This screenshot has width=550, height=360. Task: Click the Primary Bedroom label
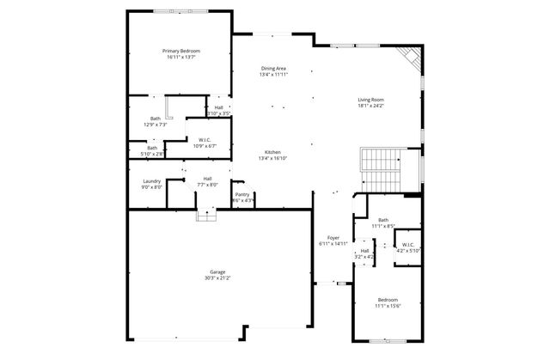coord(181,51)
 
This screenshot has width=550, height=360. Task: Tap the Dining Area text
coord(273,68)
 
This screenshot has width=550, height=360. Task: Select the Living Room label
coord(371,100)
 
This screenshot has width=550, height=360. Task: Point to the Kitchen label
coord(273,151)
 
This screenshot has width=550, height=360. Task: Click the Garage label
coord(217,272)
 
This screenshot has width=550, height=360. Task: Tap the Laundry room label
coord(151,180)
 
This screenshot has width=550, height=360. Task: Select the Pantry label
coord(243,194)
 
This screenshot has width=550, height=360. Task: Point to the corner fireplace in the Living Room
coord(412,60)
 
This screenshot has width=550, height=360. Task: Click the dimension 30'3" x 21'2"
coord(217,278)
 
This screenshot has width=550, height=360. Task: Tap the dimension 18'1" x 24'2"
coord(371,107)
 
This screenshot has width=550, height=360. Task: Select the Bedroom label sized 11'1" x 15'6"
coord(388,300)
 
